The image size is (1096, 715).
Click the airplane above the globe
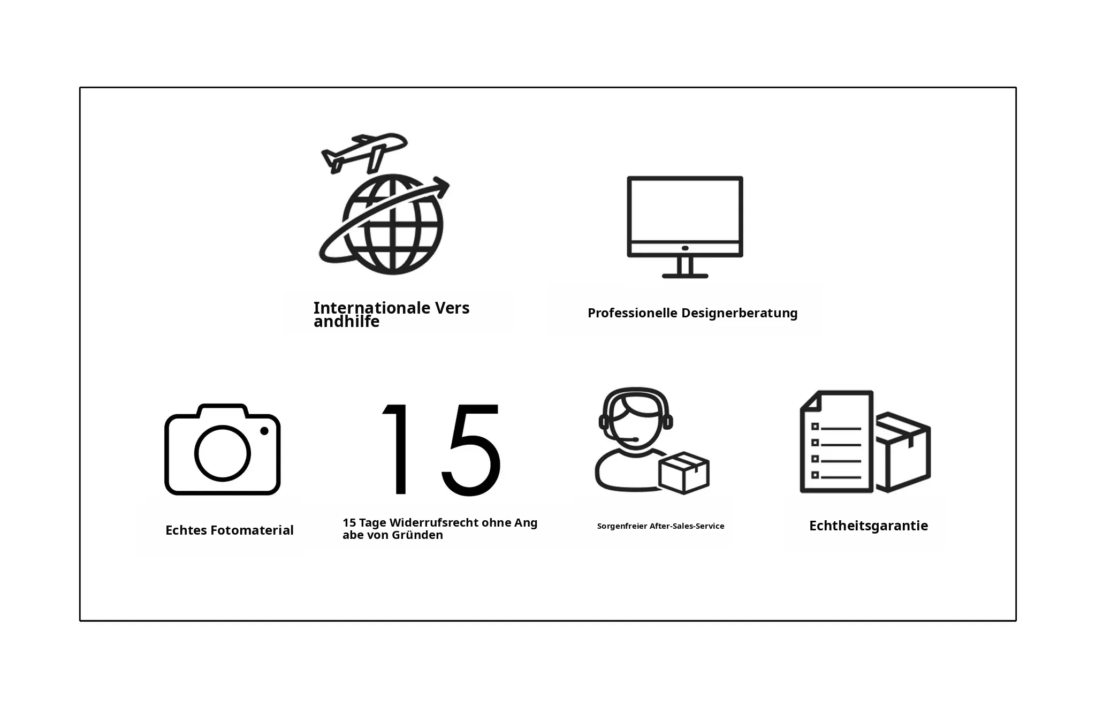[x=364, y=152]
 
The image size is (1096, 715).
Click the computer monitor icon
[x=685, y=227]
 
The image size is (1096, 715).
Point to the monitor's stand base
[x=685, y=276]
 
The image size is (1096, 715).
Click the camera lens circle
[x=222, y=453]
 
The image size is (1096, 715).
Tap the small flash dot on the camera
[x=264, y=431]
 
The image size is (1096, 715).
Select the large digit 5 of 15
[x=471, y=450]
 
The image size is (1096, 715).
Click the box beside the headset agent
[x=684, y=473]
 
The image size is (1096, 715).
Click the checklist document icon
[x=836, y=442]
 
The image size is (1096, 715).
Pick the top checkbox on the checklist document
[x=815, y=427]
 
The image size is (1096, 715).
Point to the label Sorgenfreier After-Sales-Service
[x=660, y=526]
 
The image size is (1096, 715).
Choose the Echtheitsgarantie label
[x=869, y=526]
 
